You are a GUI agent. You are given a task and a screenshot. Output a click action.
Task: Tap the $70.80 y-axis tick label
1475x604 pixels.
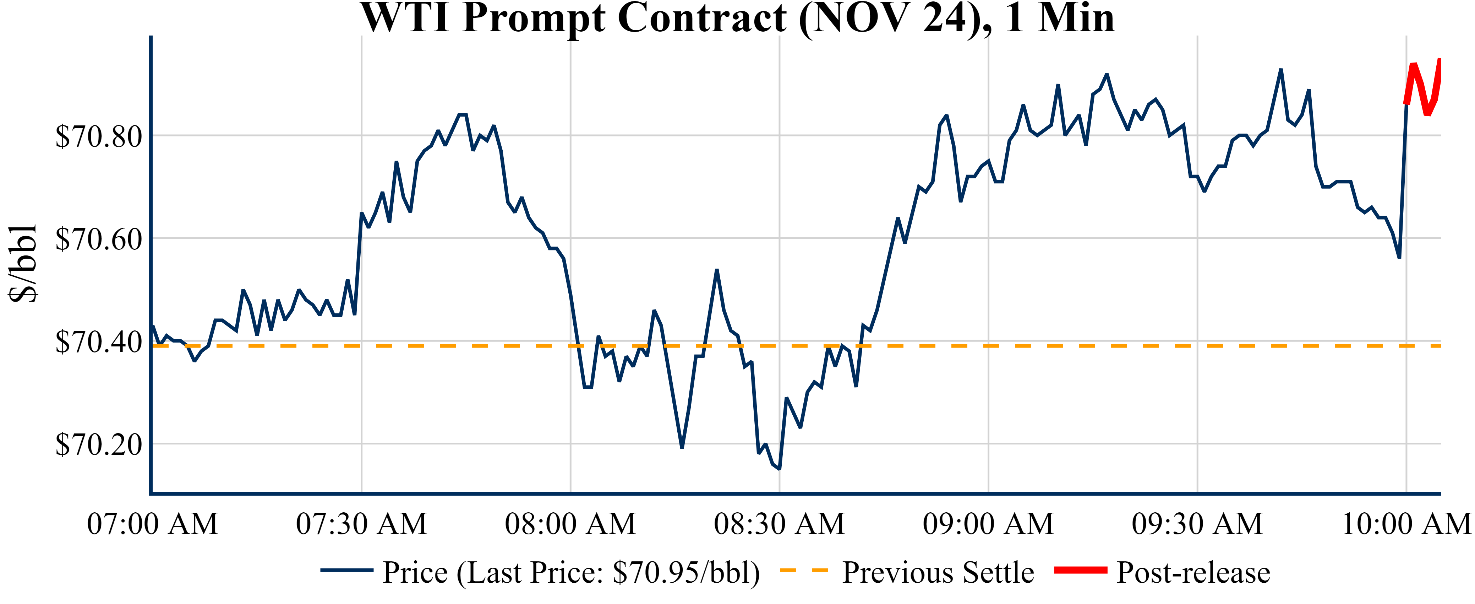98,136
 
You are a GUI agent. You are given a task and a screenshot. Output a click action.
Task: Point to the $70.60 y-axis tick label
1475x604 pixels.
98,239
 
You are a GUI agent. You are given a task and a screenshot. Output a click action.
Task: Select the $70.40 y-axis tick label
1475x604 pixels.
98,342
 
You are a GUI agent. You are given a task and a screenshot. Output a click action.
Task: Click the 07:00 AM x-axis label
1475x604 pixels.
152,523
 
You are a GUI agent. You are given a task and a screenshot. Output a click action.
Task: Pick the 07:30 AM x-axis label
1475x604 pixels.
361,523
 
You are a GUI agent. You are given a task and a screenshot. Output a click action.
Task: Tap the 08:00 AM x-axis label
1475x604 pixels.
570,523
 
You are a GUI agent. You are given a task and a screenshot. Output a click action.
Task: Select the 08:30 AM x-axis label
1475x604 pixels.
779,523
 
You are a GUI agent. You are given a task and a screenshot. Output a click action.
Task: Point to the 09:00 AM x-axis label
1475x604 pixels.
988,523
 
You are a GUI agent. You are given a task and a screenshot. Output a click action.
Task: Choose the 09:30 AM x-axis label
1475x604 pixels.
1197,523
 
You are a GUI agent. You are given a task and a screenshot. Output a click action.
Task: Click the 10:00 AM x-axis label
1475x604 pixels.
1406,523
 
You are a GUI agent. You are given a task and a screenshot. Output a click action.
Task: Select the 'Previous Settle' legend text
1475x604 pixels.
938,572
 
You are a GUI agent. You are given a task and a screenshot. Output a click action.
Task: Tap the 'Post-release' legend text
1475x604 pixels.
1193,572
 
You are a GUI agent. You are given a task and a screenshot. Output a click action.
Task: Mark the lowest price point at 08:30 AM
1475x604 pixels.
779,469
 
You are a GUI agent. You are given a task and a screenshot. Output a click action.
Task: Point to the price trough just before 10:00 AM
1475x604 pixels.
1399,257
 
